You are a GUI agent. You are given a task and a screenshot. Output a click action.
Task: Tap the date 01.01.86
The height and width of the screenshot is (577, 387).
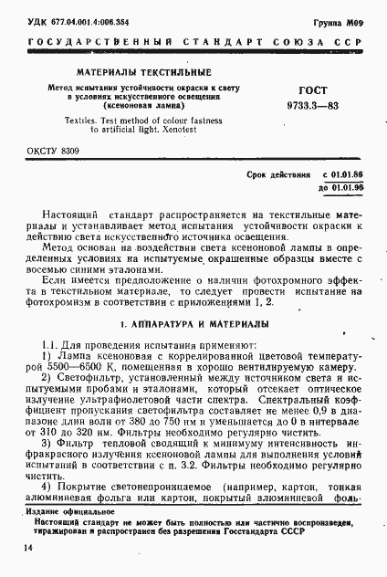point(343,173)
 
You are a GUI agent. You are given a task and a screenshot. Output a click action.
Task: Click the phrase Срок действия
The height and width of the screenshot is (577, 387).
point(274,173)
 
